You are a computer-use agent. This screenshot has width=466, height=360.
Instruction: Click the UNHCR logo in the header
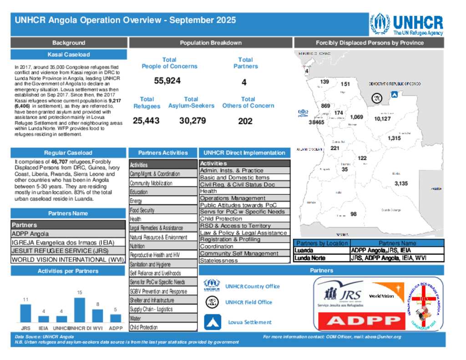pos(406,24)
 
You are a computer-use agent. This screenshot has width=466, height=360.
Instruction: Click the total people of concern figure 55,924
pos(167,81)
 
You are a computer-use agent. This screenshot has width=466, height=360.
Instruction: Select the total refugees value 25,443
pos(147,121)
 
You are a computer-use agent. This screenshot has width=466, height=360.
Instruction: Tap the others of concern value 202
pos(245,122)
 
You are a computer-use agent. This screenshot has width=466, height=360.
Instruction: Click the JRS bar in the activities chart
pos(25,313)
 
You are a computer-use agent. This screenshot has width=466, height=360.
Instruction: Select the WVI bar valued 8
pos(97,315)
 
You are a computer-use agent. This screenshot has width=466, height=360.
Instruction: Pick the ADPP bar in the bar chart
pos(116,318)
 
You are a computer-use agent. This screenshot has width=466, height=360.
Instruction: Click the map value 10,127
pos(382,119)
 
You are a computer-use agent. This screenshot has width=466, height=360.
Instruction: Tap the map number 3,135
pos(401,183)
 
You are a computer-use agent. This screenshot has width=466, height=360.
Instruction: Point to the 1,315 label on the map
pos(394,138)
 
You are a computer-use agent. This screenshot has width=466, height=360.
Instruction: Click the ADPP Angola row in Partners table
pos(68,234)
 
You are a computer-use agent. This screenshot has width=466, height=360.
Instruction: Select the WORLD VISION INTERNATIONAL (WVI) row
pos(68,260)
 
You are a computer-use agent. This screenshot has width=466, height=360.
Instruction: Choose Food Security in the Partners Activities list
pos(163,210)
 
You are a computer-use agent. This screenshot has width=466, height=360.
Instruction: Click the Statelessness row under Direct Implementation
pos(244,261)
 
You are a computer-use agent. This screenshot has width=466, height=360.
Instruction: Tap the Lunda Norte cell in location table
pos(322,258)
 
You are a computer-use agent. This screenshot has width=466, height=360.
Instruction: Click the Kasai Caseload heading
pos(68,55)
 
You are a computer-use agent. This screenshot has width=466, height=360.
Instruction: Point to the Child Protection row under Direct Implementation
pos(244,219)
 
